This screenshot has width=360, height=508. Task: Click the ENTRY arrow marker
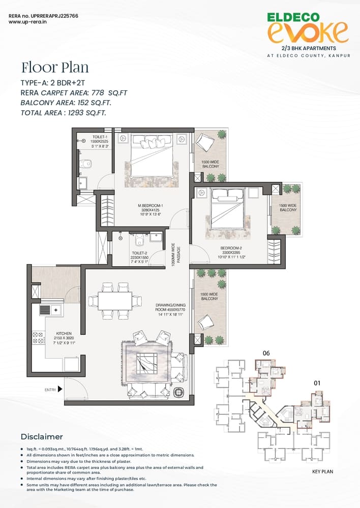coord(60,389)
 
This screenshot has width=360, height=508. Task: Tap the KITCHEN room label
coord(64,338)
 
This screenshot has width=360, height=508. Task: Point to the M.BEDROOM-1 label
coord(150,210)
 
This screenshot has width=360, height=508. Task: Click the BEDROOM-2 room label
coord(231,252)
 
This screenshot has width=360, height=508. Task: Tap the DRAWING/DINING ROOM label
coord(170,310)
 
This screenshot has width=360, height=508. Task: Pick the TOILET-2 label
coord(140,257)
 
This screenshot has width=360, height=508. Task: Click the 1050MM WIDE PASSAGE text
coord(176,255)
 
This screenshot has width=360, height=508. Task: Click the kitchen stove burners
coord(38,337)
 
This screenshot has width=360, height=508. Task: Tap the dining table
coord(115,301)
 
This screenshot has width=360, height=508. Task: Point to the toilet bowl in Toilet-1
coord(86,164)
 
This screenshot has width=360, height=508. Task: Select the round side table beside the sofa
coord(178,392)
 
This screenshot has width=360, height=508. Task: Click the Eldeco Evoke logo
coord(307,28)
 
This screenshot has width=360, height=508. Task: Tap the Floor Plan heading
coord(55,68)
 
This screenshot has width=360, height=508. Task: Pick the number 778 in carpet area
coord(98,92)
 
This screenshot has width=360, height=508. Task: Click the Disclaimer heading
coord(42,436)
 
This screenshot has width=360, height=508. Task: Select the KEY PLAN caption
coord(322,471)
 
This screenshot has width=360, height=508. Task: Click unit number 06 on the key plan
coord(266,353)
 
